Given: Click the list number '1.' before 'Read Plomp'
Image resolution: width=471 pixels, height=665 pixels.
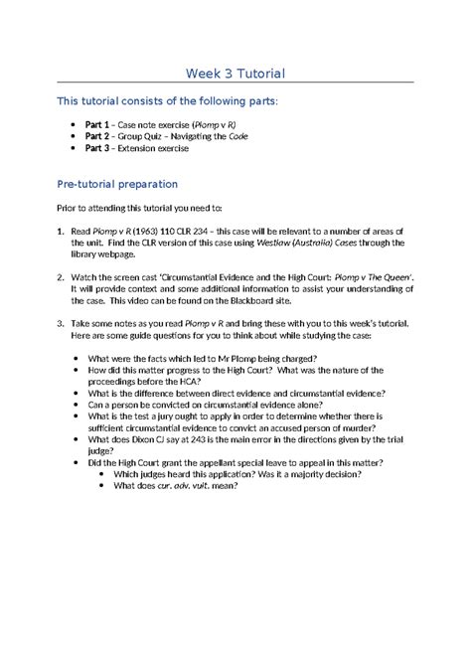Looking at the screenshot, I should (x=61, y=229).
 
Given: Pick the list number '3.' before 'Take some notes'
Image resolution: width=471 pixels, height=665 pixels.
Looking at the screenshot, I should (x=61, y=324).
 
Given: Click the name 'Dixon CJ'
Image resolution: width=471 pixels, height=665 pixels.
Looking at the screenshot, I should (x=154, y=437).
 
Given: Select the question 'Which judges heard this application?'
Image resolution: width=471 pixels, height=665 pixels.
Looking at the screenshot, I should (x=192, y=473).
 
